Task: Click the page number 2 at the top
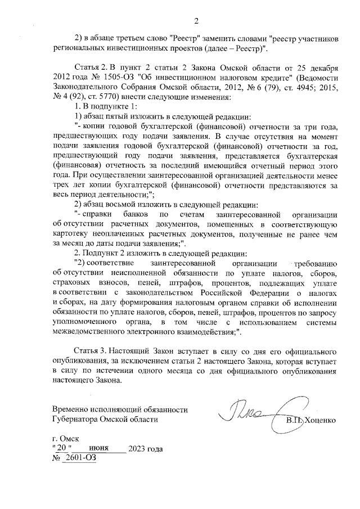click(x=197, y=22)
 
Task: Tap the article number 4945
click(x=288, y=87)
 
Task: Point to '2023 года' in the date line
click(x=146, y=448)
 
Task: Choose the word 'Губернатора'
click(x=75, y=420)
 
